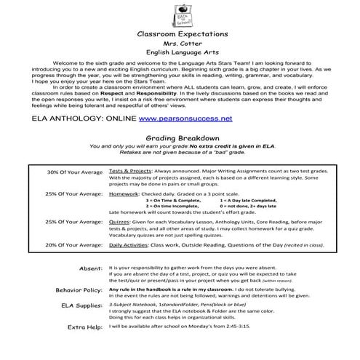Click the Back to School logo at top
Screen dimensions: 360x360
point(179,14)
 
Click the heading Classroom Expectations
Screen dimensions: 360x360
point(180,34)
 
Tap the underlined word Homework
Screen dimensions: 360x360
point(124,194)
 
